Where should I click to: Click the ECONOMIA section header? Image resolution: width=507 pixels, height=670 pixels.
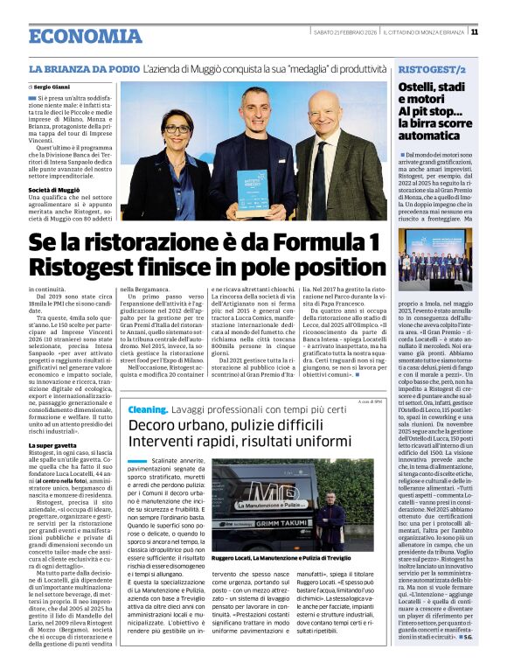85,37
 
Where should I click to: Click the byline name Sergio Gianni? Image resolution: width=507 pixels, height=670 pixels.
52,87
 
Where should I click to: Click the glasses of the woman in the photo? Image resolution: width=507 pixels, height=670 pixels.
177,128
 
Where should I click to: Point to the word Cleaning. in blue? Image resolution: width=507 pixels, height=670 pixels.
149,408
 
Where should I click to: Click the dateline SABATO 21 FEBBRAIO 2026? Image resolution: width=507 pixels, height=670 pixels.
345,32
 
